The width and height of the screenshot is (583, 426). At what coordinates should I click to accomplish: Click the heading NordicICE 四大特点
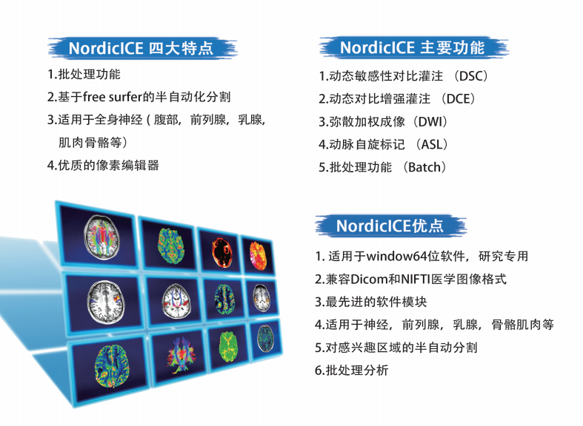tap(141, 48)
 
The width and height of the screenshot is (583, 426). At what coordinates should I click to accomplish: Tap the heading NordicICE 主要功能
tap(413, 47)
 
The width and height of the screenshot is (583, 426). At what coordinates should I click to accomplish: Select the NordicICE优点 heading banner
tap(390, 226)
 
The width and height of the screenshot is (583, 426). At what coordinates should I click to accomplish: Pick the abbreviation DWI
tap(430, 122)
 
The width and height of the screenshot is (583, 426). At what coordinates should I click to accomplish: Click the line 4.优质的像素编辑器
tap(104, 165)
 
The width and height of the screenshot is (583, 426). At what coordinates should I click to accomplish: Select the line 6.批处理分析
tap(352, 371)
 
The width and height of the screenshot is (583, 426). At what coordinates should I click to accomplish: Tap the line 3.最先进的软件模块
tap(370, 302)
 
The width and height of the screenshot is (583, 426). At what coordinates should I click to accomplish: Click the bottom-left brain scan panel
tap(110, 368)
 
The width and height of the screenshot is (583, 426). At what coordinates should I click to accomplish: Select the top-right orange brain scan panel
tap(258, 255)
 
